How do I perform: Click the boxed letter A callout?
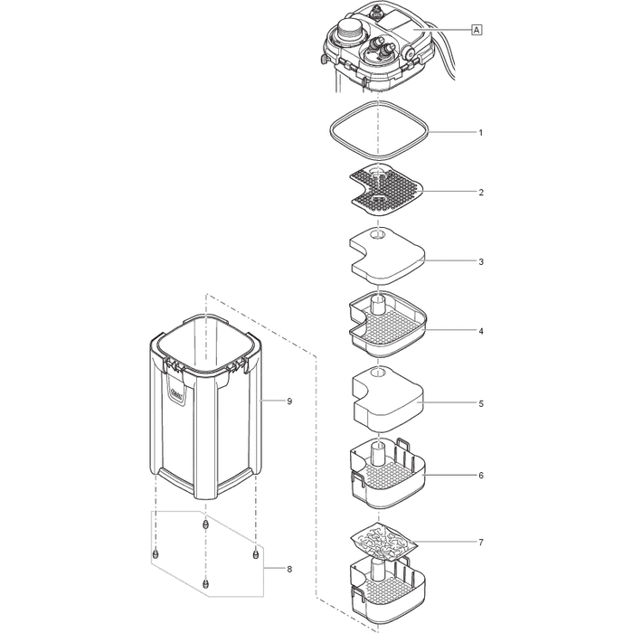pos(476,30)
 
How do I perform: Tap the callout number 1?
pos(480,132)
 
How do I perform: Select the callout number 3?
pos(480,261)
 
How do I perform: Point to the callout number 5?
pos(480,402)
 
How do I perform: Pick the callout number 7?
pos(480,543)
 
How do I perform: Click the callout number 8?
pos(288,569)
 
